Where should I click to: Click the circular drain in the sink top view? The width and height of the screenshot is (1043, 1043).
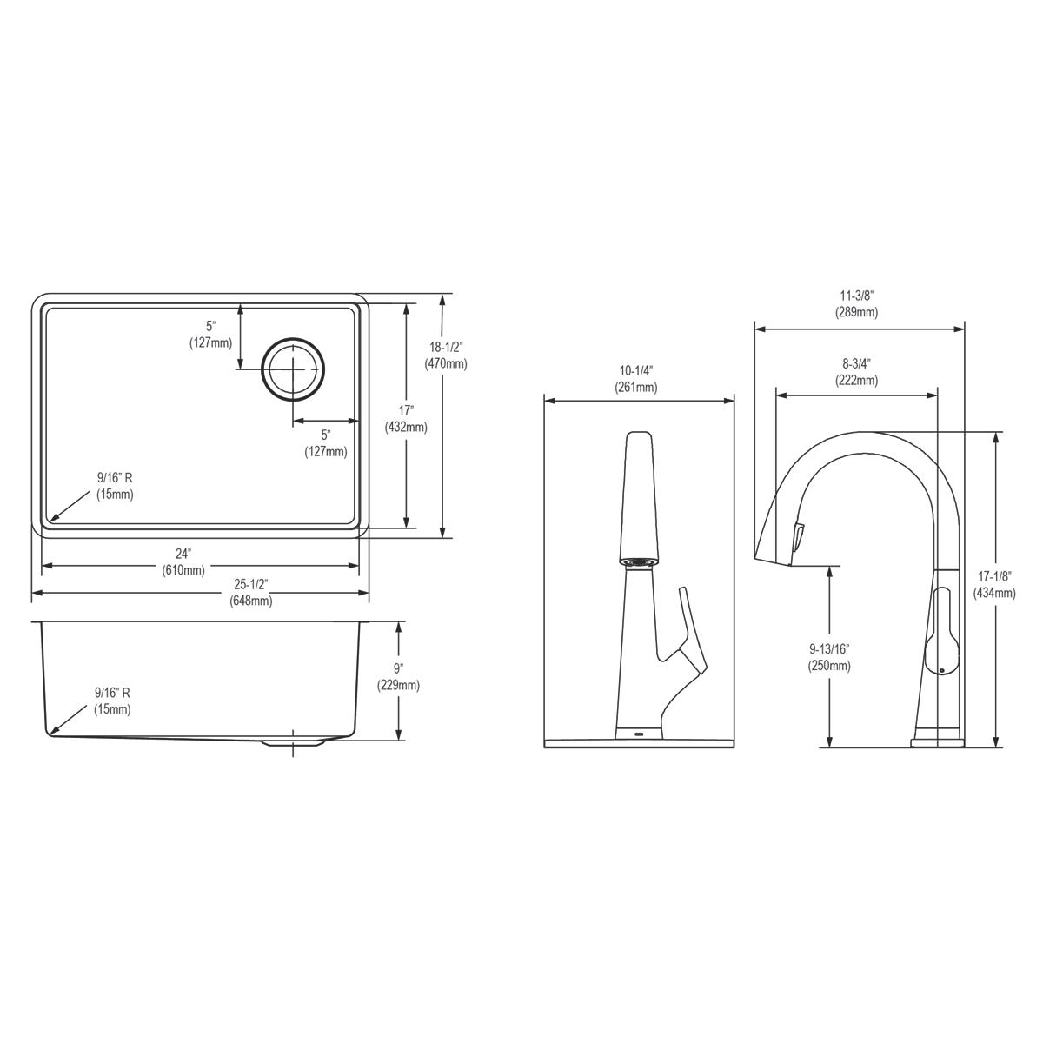[x=295, y=369]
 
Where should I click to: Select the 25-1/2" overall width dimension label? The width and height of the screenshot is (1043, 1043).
[x=250, y=585]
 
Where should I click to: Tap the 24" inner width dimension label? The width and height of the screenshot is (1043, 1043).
[x=183, y=554]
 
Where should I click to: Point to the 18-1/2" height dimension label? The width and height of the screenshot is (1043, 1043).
[x=445, y=347]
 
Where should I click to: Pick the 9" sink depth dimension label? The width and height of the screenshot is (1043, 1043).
[x=398, y=668]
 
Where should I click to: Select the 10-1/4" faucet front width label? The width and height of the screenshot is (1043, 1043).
[x=636, y=370]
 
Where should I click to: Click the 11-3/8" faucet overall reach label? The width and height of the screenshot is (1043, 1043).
[x=856, y=295]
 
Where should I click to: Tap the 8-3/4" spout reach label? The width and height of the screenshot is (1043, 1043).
[x=856, y=363]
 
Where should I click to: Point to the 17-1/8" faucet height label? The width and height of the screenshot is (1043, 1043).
[x=994, y=576]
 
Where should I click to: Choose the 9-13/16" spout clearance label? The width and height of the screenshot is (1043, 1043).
[x=828, y=648]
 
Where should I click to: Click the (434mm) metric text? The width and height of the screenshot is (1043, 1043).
[x=994, y=594]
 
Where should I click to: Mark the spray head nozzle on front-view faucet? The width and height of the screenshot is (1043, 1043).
[x=638, y=561]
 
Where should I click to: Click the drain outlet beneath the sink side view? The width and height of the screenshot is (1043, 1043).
[x=294, y=745]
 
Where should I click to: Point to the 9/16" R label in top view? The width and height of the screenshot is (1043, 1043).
[x=114, y=477]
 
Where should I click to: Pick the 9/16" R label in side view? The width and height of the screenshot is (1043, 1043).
[x=112, y=693]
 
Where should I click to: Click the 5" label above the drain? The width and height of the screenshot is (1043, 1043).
[x=210, y=326]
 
